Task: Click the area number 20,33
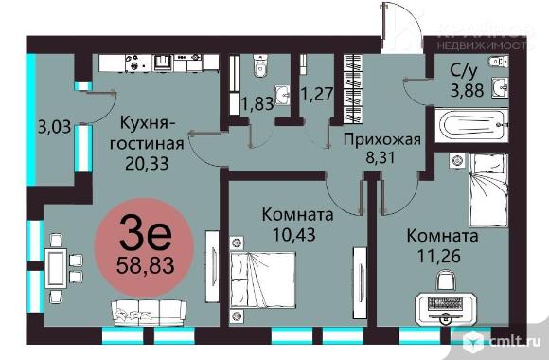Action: (x=149, y=163)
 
